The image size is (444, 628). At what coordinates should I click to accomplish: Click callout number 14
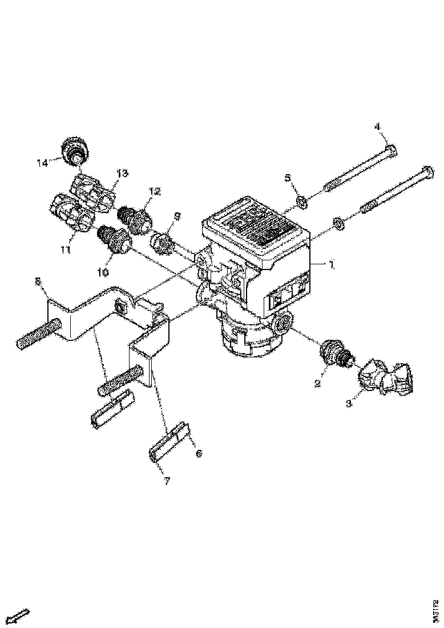[42, 163]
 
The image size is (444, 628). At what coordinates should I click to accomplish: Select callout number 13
[122, 172]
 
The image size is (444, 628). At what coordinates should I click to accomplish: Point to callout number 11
[67, 249]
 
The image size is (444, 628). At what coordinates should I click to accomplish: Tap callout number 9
[177, 216]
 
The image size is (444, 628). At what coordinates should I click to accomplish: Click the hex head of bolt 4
[391, 151]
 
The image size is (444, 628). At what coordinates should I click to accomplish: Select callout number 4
[377, 126]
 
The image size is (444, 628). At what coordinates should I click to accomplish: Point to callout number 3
[350, 403]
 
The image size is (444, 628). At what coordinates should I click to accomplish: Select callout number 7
[167, 481]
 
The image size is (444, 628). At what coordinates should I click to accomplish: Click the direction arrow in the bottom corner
[21, 615]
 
